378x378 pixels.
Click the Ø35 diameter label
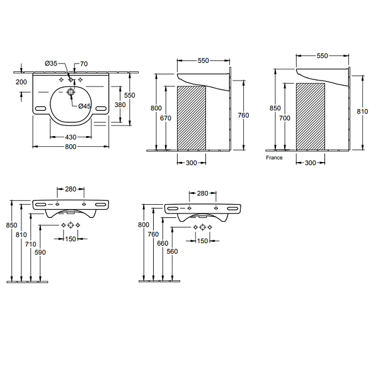tap(51, 64)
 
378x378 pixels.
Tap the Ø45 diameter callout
tap(84, 106)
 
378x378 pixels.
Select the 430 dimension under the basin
tap(71, 137)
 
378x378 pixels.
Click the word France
tap(274, 157)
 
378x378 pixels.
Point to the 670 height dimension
tap(166, 118)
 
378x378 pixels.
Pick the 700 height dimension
tap(285, 118)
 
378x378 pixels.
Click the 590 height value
tap(40, 253)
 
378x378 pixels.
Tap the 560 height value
tap(172, 251)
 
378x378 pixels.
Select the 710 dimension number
tap(31, 244)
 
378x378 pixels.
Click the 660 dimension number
tap(163, 243)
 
